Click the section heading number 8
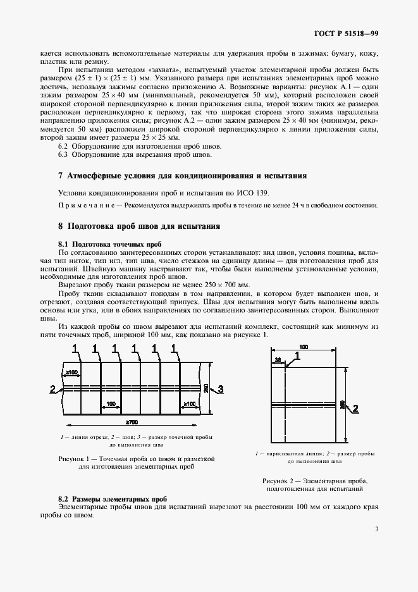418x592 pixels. pos(60,225)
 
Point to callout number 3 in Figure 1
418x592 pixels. pos(221,388)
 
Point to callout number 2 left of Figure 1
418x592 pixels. pos(52,388)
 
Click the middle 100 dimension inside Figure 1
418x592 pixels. pos(111,403)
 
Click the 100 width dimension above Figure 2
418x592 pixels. pos(304,347)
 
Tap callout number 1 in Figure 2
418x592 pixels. pos(298,356)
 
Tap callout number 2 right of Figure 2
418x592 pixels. pos(355,407)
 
